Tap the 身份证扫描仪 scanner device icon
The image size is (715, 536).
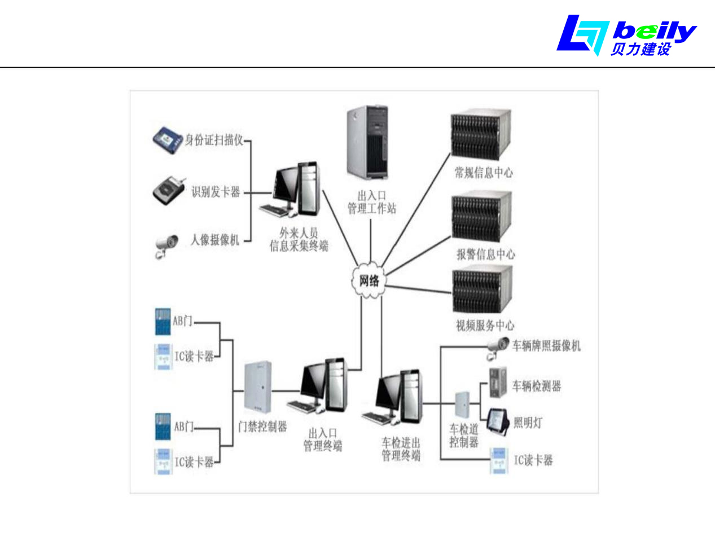coord(168,140)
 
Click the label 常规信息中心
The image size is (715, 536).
coord(484,173)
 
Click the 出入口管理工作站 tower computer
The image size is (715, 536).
coord(367,142)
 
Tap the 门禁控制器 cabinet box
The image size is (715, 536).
coord(258,387)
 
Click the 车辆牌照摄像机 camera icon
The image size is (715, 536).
coord(498,348)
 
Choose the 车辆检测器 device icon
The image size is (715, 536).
coord(498,385)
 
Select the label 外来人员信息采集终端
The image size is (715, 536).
coord(299,239)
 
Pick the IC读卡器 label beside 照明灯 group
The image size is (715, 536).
coord(533,460)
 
